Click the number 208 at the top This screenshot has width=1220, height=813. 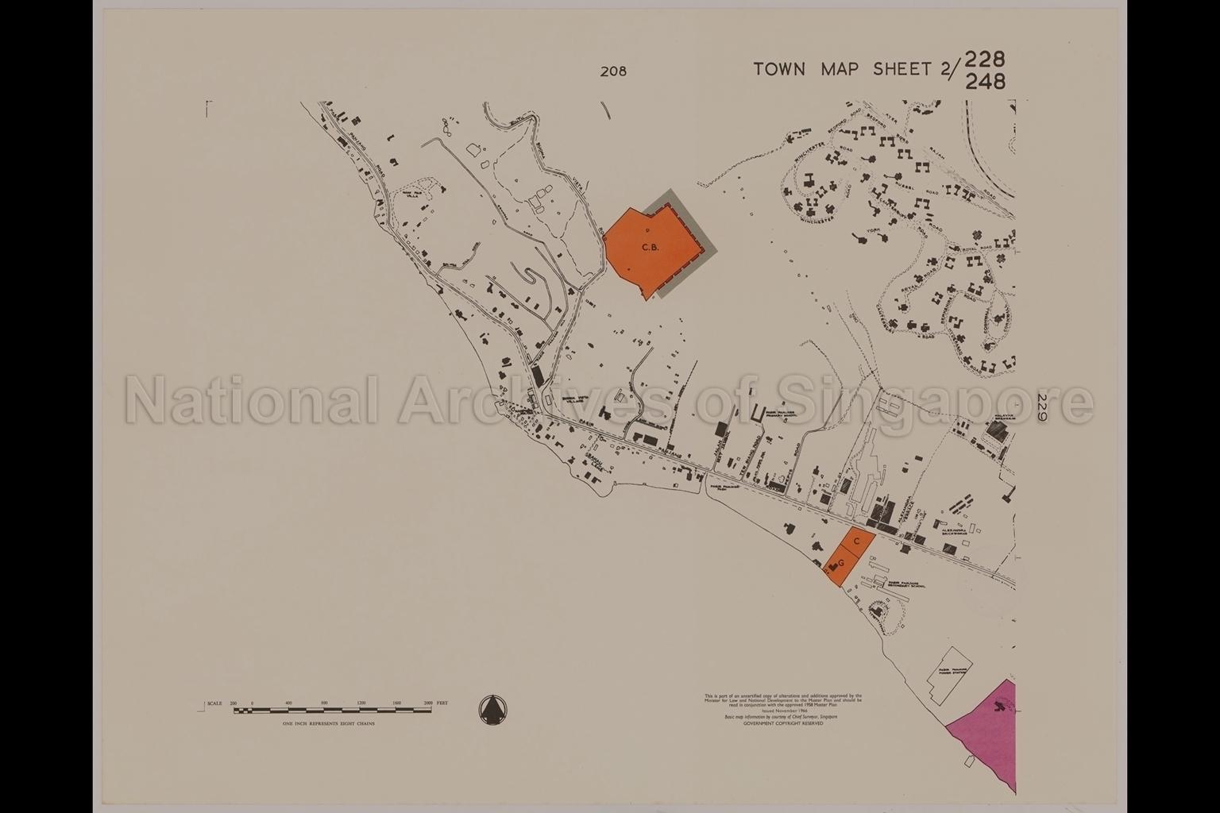pos(613,71)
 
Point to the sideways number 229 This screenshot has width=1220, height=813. pos(1042,402)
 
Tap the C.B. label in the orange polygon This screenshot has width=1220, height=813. pos(651,248)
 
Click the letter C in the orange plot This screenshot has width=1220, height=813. pos(856,541)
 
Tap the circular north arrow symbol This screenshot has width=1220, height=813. pos(494,708)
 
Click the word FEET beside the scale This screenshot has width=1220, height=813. pos(442,703)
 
